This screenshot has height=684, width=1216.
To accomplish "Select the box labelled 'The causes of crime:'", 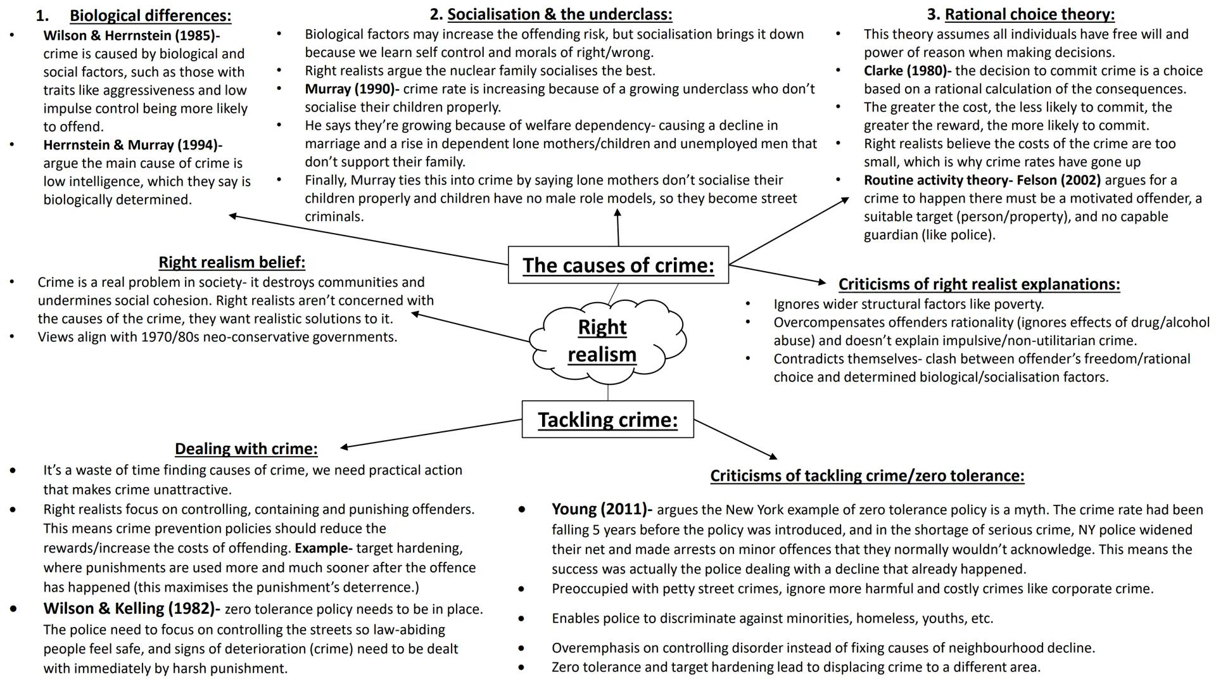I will coord(618,265).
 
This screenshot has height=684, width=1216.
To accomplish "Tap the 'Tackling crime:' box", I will coord(607,419).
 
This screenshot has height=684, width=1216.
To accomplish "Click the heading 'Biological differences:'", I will coord(150,15).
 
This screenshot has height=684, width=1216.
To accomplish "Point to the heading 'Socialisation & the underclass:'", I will coord(559,14).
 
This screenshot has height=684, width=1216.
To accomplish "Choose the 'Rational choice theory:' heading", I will coord(1029,14).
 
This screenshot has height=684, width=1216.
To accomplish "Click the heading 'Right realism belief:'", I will coord(232,262).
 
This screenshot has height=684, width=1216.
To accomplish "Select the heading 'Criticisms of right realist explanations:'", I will coord(978,284).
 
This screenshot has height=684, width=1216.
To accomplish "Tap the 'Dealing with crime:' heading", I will coord(246,448).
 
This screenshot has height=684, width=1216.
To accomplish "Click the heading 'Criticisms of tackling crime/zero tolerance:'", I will coord(867,476).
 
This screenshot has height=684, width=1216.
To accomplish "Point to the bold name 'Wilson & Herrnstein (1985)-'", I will coord(131,35).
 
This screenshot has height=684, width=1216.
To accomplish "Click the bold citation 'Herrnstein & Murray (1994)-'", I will coord(132,145).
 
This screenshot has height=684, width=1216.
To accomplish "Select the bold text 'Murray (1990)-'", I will coord(351,89).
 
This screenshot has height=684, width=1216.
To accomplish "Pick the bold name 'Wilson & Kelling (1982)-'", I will coord(131,609).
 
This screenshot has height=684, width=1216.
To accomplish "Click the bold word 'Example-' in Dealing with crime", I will coord(323,548).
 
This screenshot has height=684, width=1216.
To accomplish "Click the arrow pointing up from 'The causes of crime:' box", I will coord(617,228).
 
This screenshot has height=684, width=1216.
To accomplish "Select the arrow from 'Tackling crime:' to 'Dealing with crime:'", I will coord(431,434).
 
